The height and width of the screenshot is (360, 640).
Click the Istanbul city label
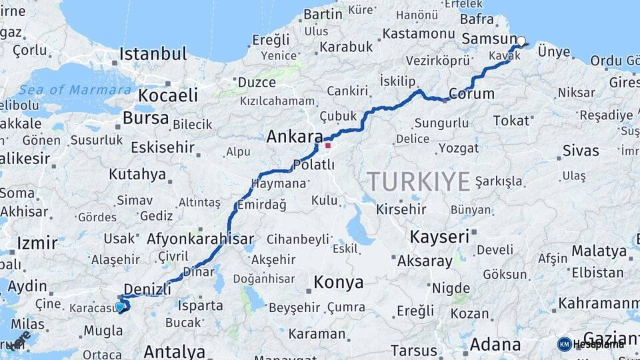tap(153, 54)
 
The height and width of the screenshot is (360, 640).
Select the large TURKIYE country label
tap(419, 181)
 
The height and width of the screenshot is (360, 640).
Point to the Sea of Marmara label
tap(75, 89)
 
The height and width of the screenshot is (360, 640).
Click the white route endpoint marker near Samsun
tap(521, 41)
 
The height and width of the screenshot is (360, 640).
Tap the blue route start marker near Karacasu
tap(120, 307)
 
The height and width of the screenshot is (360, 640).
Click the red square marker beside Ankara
tap(327, 145)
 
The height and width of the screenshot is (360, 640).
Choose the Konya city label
tap(339, 282)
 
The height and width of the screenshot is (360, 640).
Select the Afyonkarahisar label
tap(200, 239)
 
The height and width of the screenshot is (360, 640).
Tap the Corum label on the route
tap(472, 94)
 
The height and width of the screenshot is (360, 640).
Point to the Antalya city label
tap(175, 351)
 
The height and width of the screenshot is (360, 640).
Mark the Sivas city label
tap(581, 151)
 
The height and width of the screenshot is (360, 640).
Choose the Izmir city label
tap(37, 243)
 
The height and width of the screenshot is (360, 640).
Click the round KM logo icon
tap(564, 344)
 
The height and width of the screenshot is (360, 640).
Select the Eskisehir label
tap(163, 147)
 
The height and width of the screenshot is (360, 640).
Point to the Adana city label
tap(495, 345)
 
